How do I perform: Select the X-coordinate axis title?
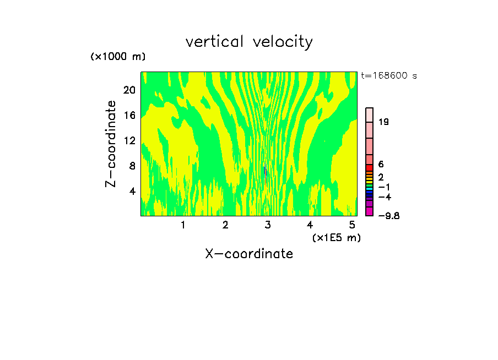pos(249,254)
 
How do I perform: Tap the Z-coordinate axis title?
pos(111,143)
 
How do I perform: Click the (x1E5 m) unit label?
pos(335,237)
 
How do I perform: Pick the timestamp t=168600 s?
pos(389,76)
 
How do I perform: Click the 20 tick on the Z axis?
pos(129,89)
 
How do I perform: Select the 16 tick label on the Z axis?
pos(129,115)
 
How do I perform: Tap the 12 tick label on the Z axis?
pos(129,140)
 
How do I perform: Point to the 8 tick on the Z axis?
pos(132,166)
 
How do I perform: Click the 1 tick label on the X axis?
pos(183,225)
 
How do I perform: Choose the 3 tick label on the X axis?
pos(268,225)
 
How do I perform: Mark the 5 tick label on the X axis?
pos(352,225)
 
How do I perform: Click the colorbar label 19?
pos(384,122)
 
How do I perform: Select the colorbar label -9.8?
pos(388,216)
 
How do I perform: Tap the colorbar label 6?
pos(381,164)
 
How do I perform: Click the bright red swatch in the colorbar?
pos(370,167)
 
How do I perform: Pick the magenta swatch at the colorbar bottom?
pos(370,211)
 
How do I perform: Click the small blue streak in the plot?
pos(265,171)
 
